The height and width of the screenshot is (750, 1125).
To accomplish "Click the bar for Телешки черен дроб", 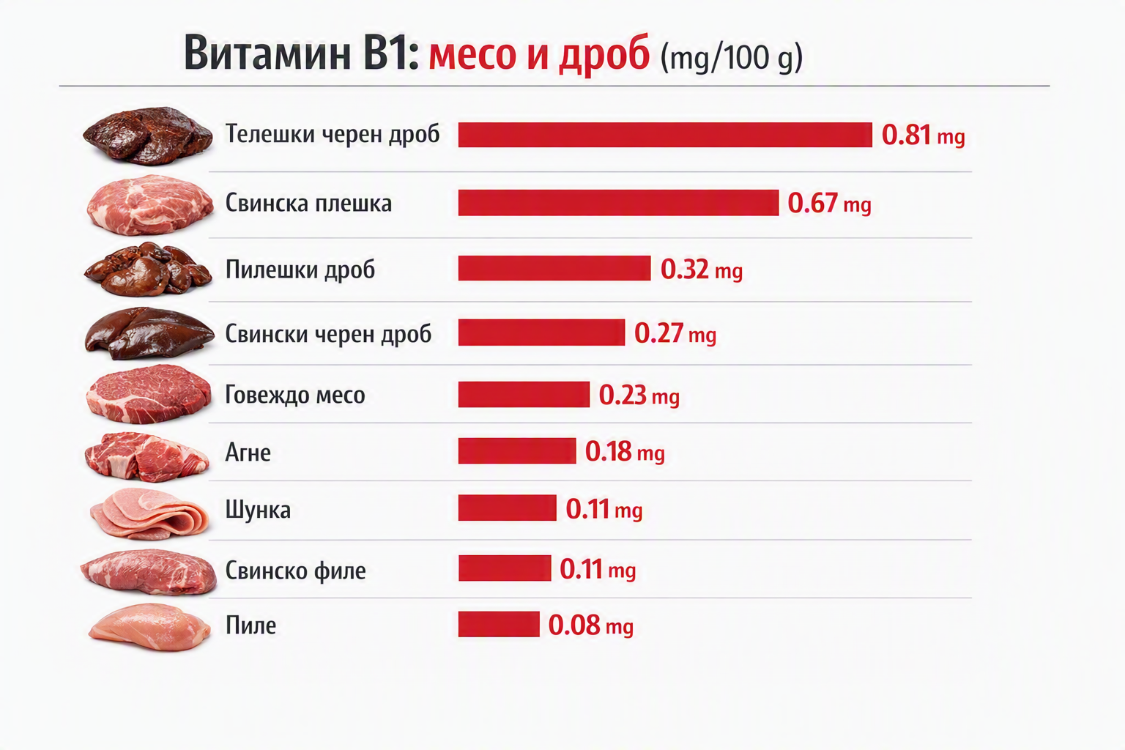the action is (665, 135).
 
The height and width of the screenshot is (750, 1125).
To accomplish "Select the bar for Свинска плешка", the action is (618, 203).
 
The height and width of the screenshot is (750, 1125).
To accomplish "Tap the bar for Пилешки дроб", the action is (554, 268).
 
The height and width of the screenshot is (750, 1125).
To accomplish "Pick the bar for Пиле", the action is (499, 624).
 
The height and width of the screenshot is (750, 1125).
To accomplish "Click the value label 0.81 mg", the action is (923, 135).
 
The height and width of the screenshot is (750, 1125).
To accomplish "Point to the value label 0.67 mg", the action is (829, 204).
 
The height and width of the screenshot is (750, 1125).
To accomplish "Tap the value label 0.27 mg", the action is (675, 333).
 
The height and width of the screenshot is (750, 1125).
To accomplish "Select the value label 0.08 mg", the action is (590, 625).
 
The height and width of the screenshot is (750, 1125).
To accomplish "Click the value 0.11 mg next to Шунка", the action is (604, 509).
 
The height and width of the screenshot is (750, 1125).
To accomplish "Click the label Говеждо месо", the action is (295, 395).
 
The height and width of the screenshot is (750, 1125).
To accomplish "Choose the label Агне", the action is (248, 453).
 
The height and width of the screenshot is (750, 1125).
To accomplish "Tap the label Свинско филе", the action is (295, 570).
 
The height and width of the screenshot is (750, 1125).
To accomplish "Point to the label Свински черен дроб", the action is (328, 333).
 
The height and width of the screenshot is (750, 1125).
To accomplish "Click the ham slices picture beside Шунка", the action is (149, 513).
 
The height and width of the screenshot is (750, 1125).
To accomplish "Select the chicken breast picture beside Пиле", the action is (149, 627).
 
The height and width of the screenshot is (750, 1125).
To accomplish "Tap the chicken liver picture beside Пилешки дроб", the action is (148, 269).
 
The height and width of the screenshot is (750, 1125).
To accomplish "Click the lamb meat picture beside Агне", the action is (146, 456).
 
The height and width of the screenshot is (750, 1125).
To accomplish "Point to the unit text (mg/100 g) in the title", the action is (731, 58).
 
